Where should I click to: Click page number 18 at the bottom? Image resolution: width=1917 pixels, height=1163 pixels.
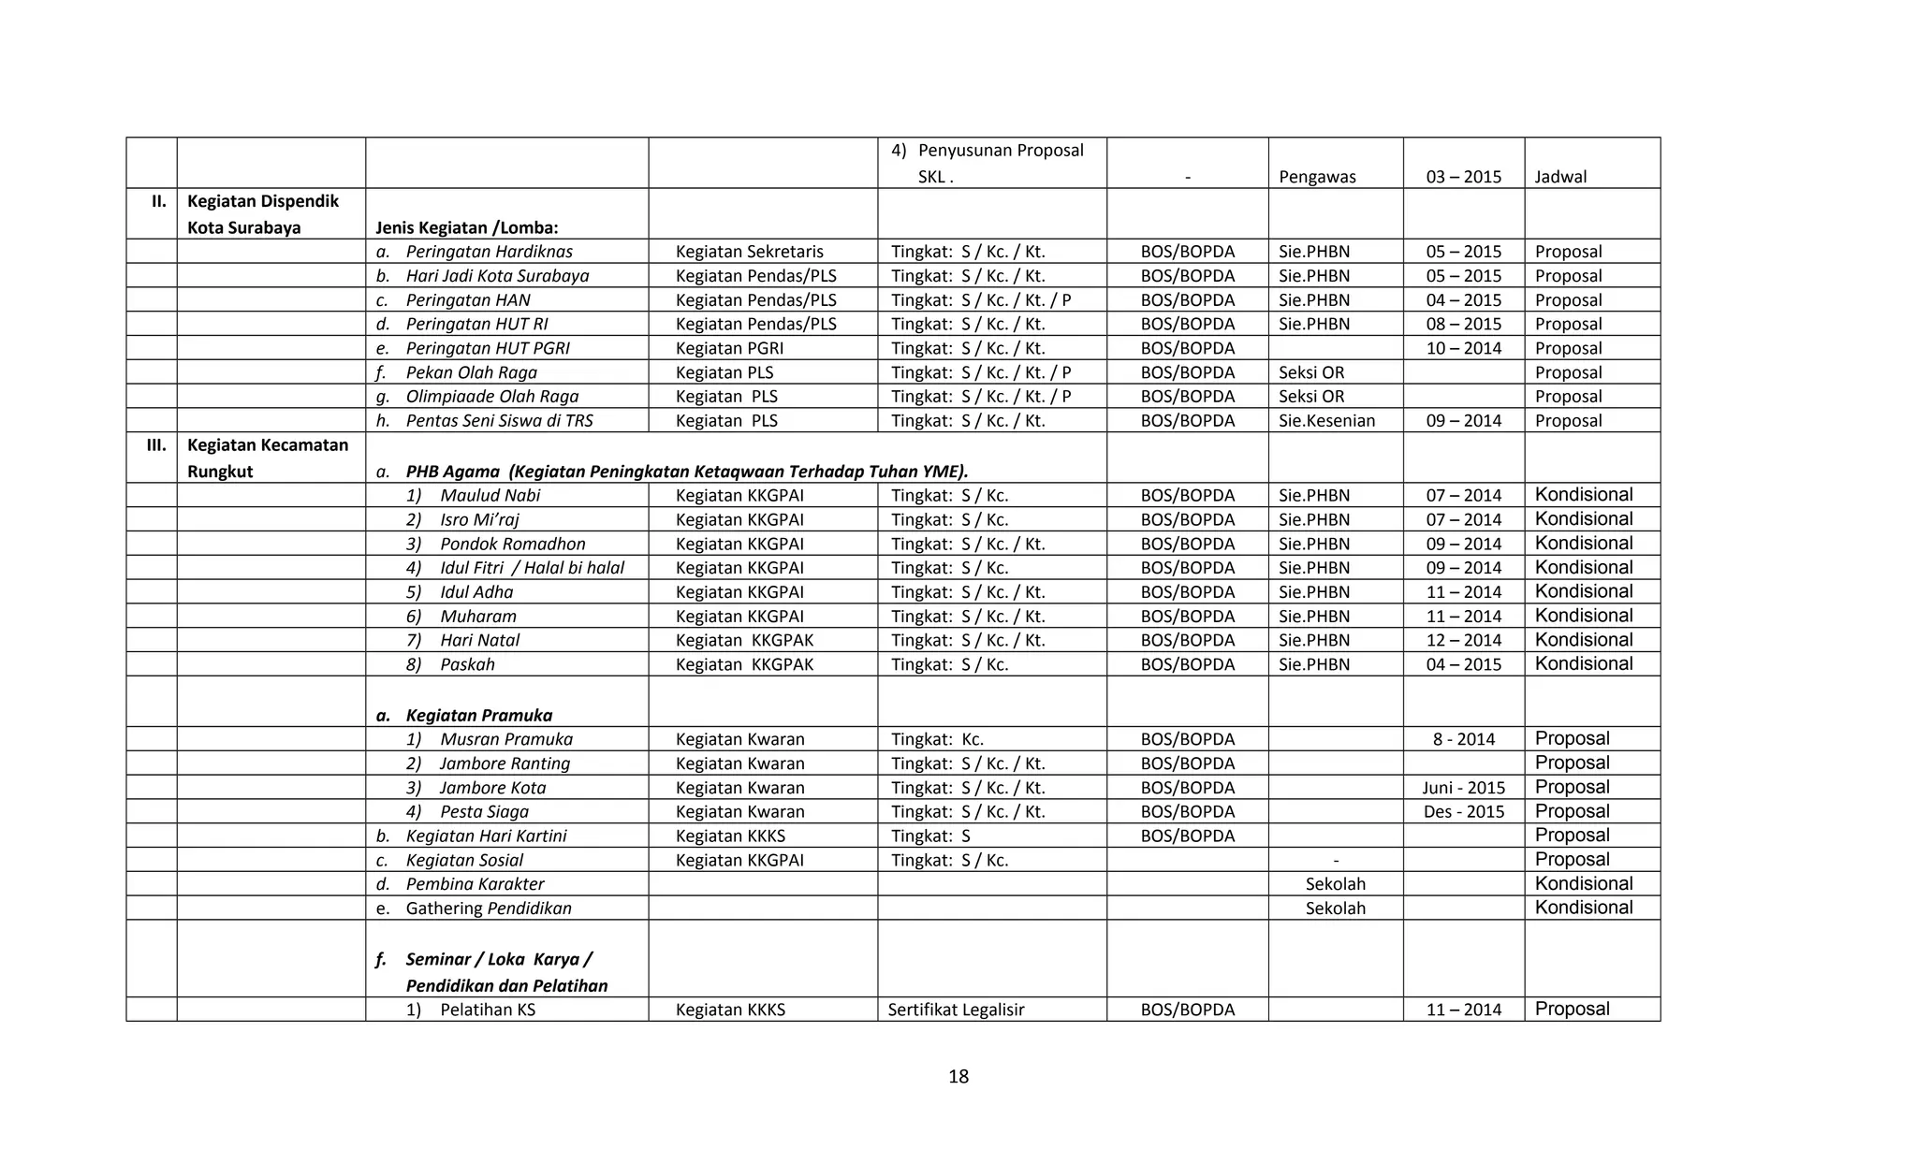958,1077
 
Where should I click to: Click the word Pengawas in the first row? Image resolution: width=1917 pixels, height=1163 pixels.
1316,177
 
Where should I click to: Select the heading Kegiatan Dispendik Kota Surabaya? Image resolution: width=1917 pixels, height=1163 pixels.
262,214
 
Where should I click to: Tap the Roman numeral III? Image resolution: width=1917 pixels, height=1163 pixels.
156,445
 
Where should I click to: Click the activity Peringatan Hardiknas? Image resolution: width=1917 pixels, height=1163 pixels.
488,252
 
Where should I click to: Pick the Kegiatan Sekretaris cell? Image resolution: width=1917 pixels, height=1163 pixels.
749,252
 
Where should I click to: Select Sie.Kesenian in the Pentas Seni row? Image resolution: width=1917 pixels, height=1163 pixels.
1326,421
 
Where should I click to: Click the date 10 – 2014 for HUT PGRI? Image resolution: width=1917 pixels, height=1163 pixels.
1463,348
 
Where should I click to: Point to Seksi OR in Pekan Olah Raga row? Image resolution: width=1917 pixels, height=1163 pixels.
1310,372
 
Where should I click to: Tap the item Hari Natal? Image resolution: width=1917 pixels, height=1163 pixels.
479,641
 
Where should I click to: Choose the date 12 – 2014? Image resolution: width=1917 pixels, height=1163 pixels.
1463,641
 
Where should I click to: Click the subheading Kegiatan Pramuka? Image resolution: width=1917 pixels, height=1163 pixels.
478,716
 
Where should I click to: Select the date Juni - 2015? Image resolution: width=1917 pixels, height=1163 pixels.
1463,788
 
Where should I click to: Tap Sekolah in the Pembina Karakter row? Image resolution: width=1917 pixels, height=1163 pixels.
1335,884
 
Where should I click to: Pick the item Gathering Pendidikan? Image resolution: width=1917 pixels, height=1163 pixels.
488,909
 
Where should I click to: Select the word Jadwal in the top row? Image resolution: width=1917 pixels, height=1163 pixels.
1560,177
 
